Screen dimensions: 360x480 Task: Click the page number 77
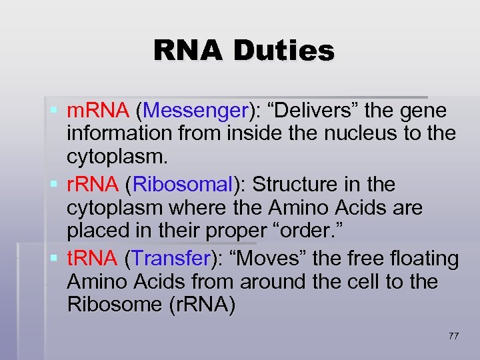(x=453, y=336)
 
